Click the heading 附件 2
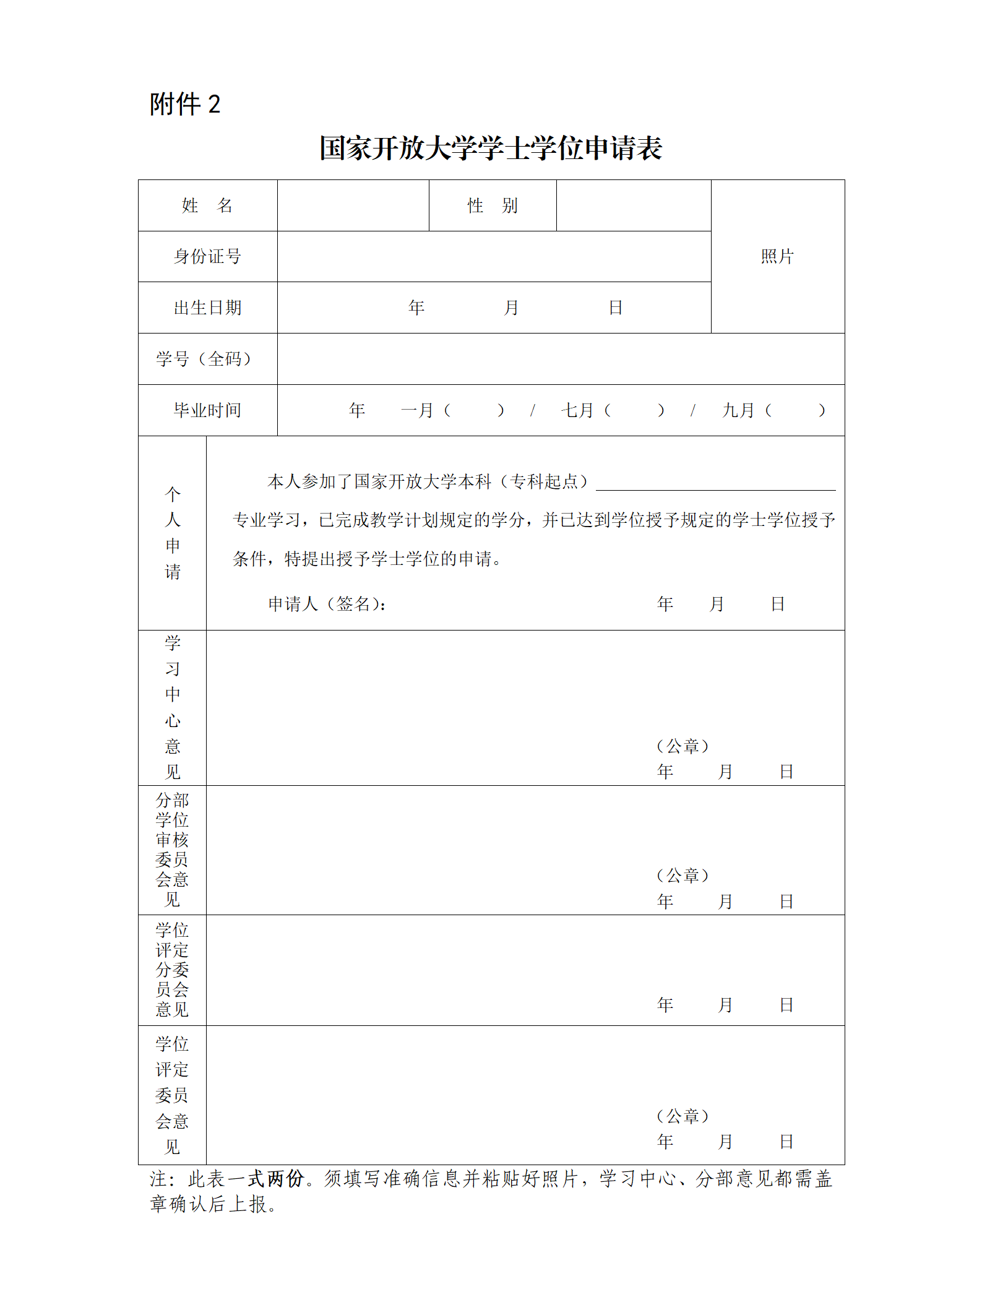(184, 104)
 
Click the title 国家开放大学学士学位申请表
(491, 149)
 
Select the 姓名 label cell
(207, 205)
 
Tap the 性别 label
(493, 205)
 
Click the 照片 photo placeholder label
(777, 256)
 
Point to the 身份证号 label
(207, 256)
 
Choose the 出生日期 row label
(207, 308)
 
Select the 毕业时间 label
(207, 410)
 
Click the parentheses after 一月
(474, 410)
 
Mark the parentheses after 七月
(634, 410)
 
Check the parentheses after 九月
(795, 410)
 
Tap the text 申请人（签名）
(327, 604)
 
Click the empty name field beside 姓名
(353, 205)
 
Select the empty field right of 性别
(634, 205)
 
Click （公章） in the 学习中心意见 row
(683, 746)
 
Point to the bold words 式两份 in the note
(276, 1178)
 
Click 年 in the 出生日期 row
(416, 308)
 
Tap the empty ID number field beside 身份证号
(494, 256)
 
